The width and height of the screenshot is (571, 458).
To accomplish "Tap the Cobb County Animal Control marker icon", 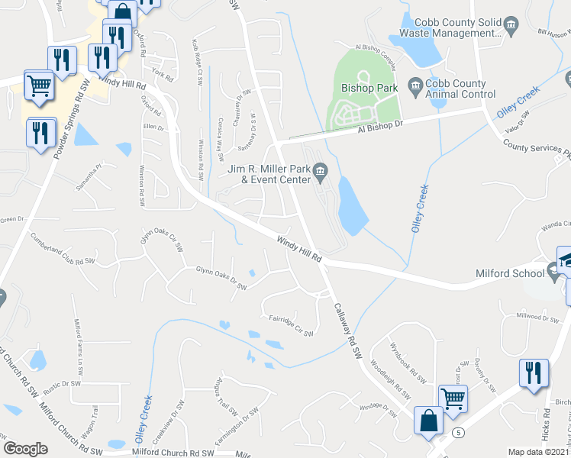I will point(416,84).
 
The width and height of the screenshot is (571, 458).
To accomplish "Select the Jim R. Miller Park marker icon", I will point(321,171).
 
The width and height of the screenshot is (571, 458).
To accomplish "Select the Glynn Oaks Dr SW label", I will point(221,278).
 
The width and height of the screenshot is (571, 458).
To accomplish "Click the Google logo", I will point(25,448).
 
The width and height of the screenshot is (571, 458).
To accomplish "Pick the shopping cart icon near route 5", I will point(453,397).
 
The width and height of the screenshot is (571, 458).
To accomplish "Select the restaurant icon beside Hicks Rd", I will point(533,372).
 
